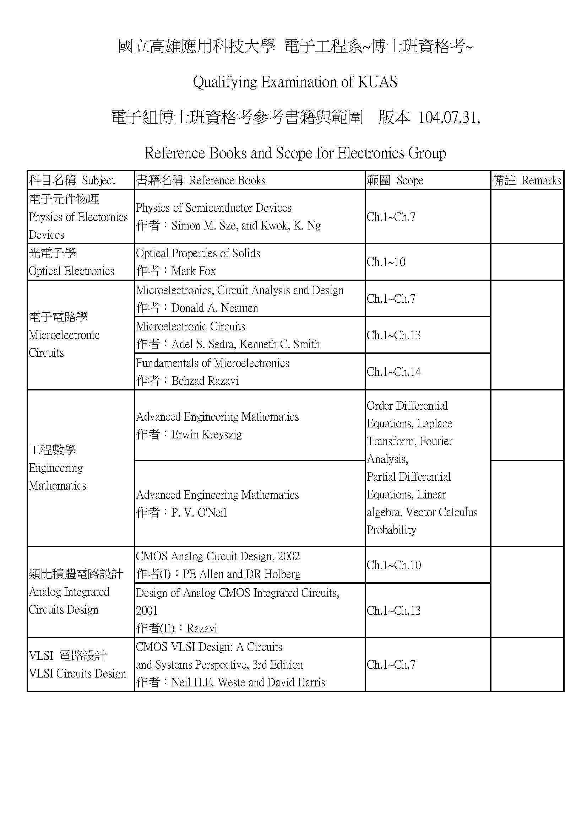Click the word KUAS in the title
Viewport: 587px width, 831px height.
pyautogui.click(x=377, y=82)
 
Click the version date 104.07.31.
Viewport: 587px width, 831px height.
pyautogui.click(x=449, y=118)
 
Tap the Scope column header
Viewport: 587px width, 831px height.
pyautogui.click(x=409, y=180)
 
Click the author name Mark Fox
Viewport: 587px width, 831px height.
pyautogui.click(x=193, y=271)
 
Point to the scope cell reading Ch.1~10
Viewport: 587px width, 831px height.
pyautogui.click(x=386, y=262)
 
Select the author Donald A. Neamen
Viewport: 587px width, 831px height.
pyautogui.click(x=214, y=308)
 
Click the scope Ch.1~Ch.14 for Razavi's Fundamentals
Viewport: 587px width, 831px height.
pyautogui.click(x=393, y=372)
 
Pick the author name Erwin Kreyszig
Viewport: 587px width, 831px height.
pyautogui.click(x=207, y=434)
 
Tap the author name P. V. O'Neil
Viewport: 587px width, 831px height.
pyautogui.click(x=199, y=513)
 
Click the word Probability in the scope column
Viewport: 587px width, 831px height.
pyautogui.click(x=391, y=530)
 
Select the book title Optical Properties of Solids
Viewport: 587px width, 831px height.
pyautogui.click(x=198, y=253)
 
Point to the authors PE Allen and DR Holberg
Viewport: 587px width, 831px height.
pyautogui.click(x=241, y=574)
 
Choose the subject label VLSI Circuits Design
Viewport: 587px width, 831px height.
pyautogui.click(x=77, y=674)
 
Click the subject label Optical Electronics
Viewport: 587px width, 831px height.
pyautogui.click(x=71, y=271)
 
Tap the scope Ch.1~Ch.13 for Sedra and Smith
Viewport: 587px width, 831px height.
pyautogui.click(x=393, y=335)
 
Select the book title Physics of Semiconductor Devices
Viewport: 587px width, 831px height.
pyautogui.click(x=213, y=208)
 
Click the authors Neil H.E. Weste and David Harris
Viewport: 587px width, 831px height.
pyautogui.click(x=248, y=682)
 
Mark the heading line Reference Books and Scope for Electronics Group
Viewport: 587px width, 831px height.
pyautogui.click(x=295, y=153)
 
